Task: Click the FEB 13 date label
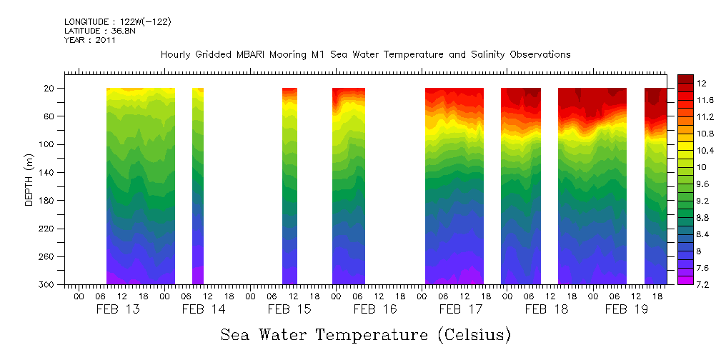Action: (118, 309)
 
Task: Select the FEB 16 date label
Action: (375, 309)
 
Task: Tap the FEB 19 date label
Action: (627, 309)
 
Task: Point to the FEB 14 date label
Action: (204, 309)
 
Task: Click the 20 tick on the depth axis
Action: (50, 88)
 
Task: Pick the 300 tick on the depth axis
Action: (48, 284)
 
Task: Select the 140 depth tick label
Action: (48, 172)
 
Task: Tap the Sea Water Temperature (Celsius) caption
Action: (365, 334)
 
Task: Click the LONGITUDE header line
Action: (117, 22)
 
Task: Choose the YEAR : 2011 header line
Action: (89, 41)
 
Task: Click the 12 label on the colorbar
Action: (702, 83)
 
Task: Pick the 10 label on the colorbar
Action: (702, 167)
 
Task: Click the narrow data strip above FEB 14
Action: (198, 186)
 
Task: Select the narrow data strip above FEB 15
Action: (289, 186)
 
